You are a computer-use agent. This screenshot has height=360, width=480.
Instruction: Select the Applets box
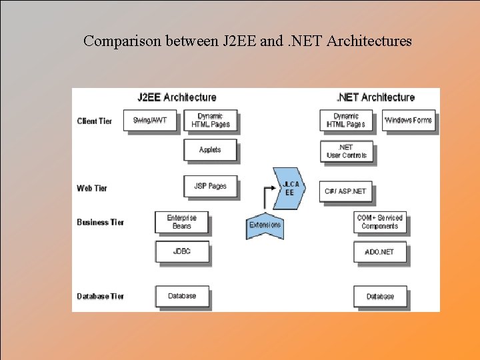(210, 150)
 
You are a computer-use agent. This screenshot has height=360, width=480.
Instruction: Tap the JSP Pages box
(210, 186)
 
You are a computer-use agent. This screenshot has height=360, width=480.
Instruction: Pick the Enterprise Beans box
(182, 222)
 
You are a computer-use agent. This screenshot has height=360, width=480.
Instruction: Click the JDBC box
(182, 251)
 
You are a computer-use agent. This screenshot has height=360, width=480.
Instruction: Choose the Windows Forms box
(409, 121)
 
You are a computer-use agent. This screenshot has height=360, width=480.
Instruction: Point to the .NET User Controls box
(347, 151)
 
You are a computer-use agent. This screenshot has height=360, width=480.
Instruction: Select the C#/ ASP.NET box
(346, 191)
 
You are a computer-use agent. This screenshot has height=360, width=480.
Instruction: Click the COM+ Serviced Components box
(380, 222)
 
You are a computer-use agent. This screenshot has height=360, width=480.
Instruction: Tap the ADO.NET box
(380, 252)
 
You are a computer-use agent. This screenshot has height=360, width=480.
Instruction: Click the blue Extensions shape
(265, 225)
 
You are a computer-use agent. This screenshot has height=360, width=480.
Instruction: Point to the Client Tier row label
(95, 121)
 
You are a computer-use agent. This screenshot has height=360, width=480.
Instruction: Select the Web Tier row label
(92, 188)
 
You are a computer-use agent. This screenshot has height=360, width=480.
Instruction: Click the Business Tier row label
(100, 222)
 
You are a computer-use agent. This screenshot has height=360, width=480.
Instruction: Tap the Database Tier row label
(100, 296)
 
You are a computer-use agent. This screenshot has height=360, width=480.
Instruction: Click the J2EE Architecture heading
(177, 97)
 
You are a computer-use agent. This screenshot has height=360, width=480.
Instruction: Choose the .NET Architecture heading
(375, 97)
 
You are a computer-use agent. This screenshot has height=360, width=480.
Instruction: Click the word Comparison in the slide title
(123, 41)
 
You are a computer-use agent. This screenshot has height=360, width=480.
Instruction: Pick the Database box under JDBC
(182, 296)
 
